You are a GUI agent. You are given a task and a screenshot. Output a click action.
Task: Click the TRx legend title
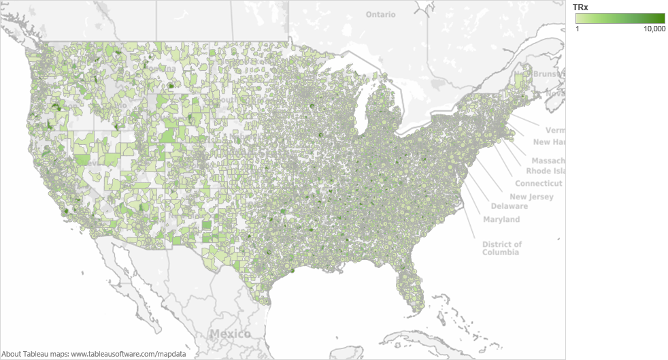click(x=580, y=7)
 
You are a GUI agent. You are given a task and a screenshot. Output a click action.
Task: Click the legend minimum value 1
click(x=578, y=29)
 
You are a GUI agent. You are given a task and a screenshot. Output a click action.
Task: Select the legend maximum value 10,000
click(x=654, y=29)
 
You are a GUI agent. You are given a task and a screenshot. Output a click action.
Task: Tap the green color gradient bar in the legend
click(x=620, y=18)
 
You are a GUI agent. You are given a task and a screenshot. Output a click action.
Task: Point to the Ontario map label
click(x=380, y=14)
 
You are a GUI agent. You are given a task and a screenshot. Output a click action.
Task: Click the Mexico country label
click(x=229, y=333)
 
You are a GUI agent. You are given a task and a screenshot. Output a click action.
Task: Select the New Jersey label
click(x=531, y=197)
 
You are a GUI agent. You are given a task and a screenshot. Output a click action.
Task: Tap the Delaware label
click(x=509, y=206)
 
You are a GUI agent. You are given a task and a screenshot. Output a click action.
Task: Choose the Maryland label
click(x=501, y=219)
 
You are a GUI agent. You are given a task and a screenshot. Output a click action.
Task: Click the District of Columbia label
click(x=502, y=248)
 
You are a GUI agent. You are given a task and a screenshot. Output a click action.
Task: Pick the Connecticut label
click(x=538, y=184)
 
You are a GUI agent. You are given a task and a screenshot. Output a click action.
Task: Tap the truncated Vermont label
click(x=555, y=129)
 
